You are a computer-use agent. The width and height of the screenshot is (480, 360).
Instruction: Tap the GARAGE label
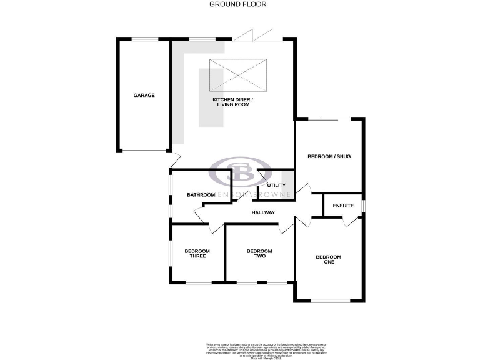[x=144, y=96]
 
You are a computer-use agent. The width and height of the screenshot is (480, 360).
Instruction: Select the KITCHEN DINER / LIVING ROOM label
[x=233, y=102]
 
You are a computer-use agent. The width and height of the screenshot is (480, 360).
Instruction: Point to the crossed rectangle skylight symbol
[x=238, y=74]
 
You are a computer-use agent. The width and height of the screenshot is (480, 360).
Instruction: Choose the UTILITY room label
[x=276, y=186]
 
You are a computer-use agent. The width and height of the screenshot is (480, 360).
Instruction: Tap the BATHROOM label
[x=201, y=196]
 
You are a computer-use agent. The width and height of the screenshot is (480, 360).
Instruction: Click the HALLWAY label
[x=263, y=213]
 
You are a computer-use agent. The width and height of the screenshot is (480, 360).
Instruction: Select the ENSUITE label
[x=343, y=206]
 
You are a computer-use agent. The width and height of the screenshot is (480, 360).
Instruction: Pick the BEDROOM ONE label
[x=328, y=259]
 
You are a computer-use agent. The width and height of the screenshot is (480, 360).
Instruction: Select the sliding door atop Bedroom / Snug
[x=329, y=118]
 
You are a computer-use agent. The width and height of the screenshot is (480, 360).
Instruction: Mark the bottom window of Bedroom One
[x=331, y=301]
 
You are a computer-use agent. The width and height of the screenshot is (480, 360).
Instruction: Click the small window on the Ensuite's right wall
[x=363, y=206]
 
